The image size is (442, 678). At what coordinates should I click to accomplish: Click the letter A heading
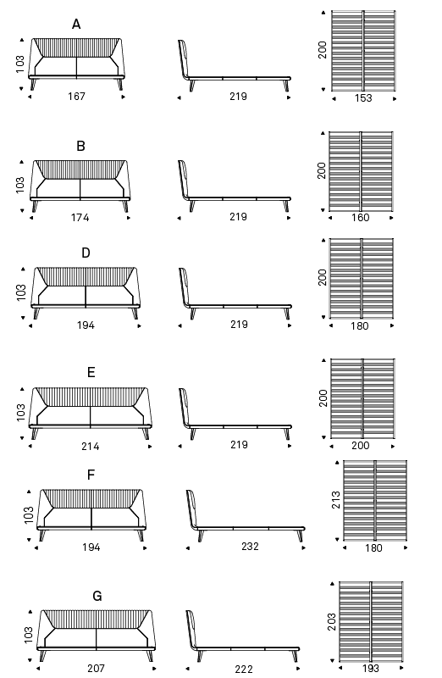pyautogui.click(x=76, y=25)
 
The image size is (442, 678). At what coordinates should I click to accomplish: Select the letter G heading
pyautogui.click(x=97, y=597)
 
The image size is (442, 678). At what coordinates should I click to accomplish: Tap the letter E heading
pyautogui.click(x=91, y=372)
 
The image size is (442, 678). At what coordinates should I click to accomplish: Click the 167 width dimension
pyautogui.click(x=76, y=97)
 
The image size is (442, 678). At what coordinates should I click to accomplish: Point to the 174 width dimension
pyautogui.click(x=80, y=217)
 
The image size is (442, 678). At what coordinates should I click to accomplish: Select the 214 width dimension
pyautogui.click(x=91, y=446)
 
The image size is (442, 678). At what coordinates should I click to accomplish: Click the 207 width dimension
pyautogui.click(x=96, y=668)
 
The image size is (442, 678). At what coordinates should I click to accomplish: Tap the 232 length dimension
pyautogui.click(x=250, y=547)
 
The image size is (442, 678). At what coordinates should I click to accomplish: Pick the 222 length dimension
pyautogui.click(x=244, y=670)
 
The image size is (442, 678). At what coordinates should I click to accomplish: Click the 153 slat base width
pyautogui.click(x=363, y=98)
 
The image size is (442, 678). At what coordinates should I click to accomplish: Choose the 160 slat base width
pyautogui.click(x=361, y=218)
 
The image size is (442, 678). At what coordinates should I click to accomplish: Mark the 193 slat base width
pyautogui.click(x=370, y=669)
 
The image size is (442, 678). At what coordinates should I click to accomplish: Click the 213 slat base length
pyautogui.click(x=335, y=500)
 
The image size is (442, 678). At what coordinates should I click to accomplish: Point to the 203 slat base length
pyautogui.click(x=332, y=622)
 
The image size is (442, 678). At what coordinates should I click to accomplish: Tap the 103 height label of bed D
pyautogui.click(x=21, y=292)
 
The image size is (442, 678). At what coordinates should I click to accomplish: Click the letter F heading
pyautogui.click(x=91, y=475)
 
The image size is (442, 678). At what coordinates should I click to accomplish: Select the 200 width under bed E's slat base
pyautogui.click(x=361, y=446)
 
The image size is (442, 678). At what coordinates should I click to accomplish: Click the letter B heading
pyautogui.click(x=80, y=146)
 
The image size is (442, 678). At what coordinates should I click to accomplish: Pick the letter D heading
pyautogui.click(x=86, y=253)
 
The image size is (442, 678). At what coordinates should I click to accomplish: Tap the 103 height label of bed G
pyautogui.click(x=29, y=635)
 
